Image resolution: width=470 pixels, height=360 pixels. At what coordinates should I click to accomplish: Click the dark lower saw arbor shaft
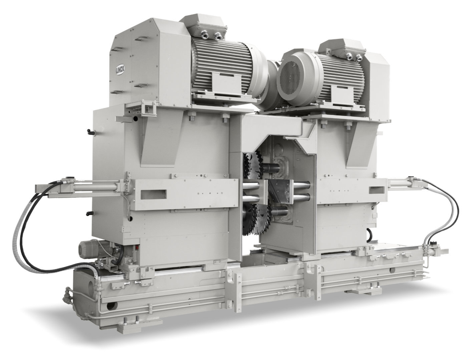coord(279,211)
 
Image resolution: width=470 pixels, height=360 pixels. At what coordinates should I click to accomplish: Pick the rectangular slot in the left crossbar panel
coord(154,194)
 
